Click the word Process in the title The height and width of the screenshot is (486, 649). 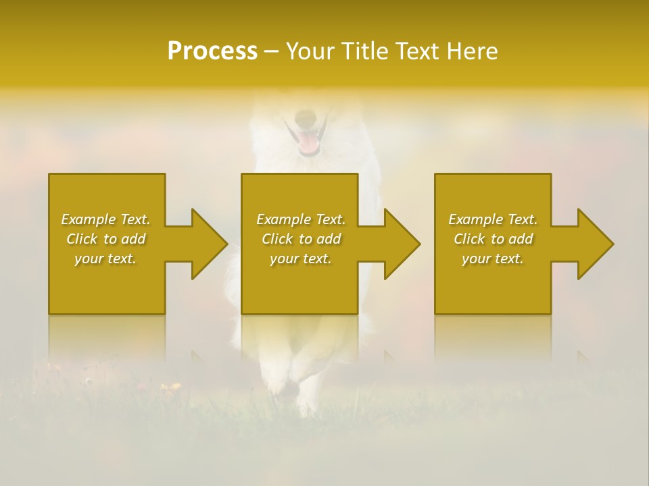point(212,51)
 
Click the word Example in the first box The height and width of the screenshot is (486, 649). point(89,219)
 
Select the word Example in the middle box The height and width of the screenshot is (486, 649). point(284,219)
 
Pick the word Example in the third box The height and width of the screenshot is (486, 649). point(476,219)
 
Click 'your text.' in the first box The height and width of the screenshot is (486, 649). point(105,259)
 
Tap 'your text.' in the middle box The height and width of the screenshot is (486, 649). point(301,259)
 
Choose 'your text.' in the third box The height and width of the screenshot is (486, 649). point(493,259)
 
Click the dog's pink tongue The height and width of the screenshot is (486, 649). point(308,142)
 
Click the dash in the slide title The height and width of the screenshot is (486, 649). point(270,52)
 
